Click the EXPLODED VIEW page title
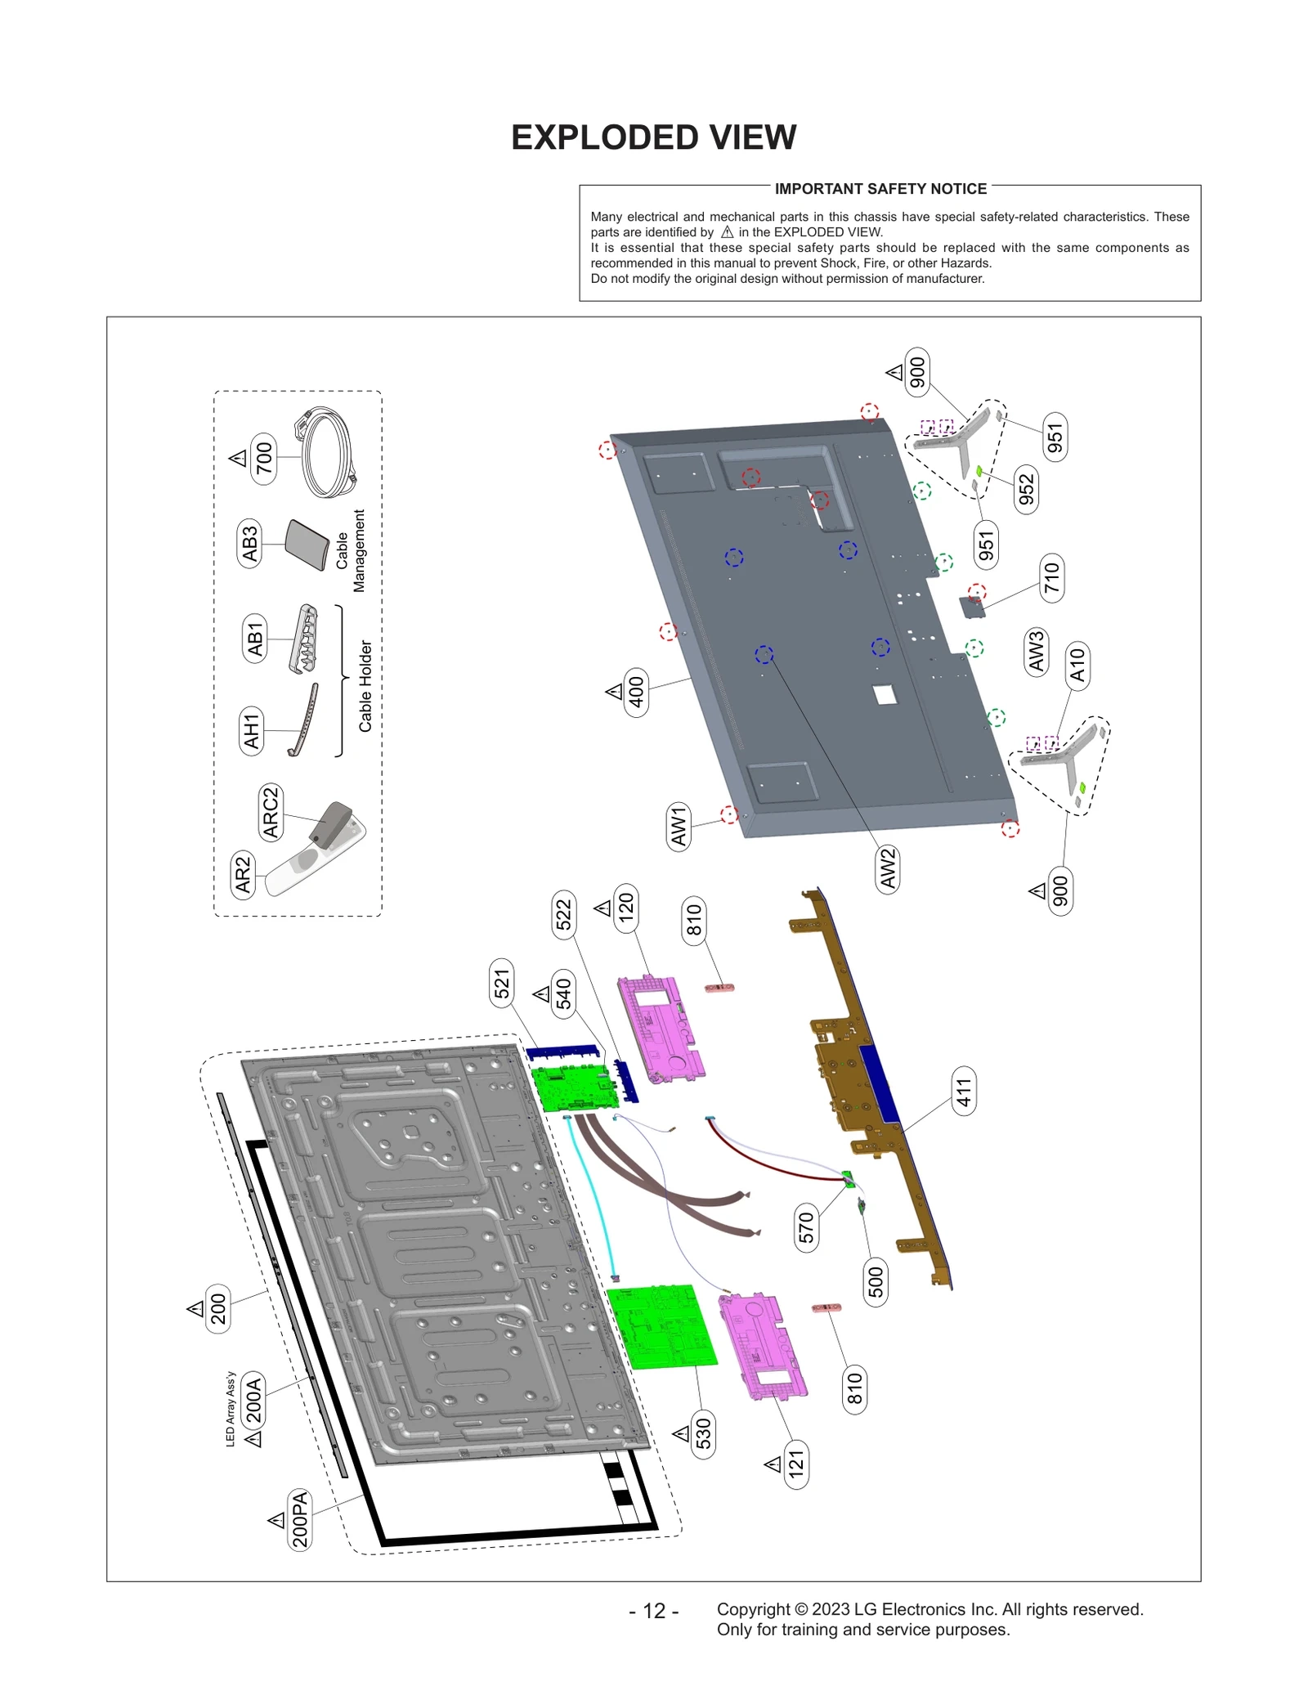click(x=653, y=137)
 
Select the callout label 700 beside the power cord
click(x=264, y=458)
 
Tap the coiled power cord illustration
click(x=327, y=454)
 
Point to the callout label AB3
click(x=250, y=543)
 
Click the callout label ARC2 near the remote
click(x=270, y=812)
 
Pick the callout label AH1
click(x=251, y=730)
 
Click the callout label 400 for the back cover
click(x=636, y=692)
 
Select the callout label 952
click(x=1026, y=490)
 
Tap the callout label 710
click(x=1051, y=578)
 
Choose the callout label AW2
click(x=887, y=868)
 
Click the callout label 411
click(x=964, y=1092)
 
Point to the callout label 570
click(x=806, y=1227)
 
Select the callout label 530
click(x=703, y=1433)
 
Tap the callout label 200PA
click(x=300, y=1519)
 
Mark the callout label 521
click(x=501, y=984)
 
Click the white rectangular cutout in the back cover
click(x=885, y=695)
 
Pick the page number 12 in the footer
click(x=653, y=1611)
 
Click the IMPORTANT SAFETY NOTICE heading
click(x=880, y=189)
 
